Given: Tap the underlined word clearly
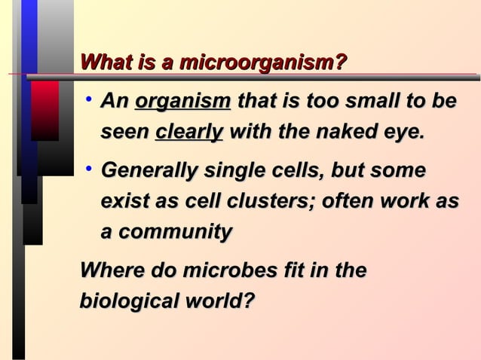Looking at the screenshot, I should [188, 133].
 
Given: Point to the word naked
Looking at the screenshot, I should [320, 133].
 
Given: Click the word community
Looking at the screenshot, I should [174, 233].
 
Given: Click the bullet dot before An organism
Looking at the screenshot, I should [89, 99].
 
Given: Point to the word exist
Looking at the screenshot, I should [124, 203].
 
